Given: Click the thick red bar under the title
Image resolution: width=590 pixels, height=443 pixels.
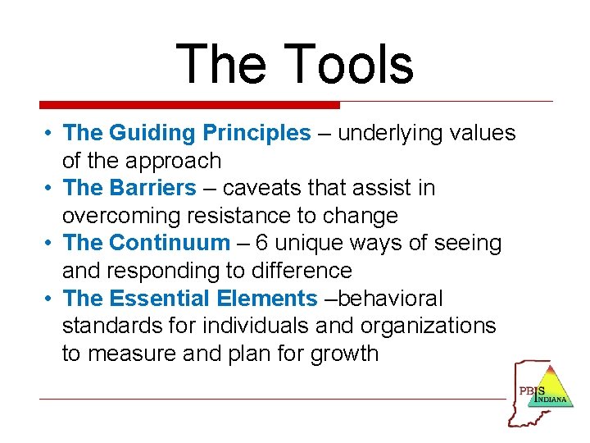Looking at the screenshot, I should pos(189,105).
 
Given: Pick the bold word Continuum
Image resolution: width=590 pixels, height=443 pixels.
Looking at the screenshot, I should pos(170,243).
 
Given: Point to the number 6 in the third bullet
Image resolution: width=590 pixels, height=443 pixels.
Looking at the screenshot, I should pos(261,243).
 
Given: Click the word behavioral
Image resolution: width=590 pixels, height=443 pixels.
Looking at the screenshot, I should pos(389,299).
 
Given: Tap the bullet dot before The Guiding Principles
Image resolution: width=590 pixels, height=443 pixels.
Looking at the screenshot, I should pos(50,133).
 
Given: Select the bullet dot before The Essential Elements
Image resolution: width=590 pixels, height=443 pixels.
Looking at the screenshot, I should pos(50,299).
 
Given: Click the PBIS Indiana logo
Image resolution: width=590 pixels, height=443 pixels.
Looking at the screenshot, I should pos(541,392).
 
